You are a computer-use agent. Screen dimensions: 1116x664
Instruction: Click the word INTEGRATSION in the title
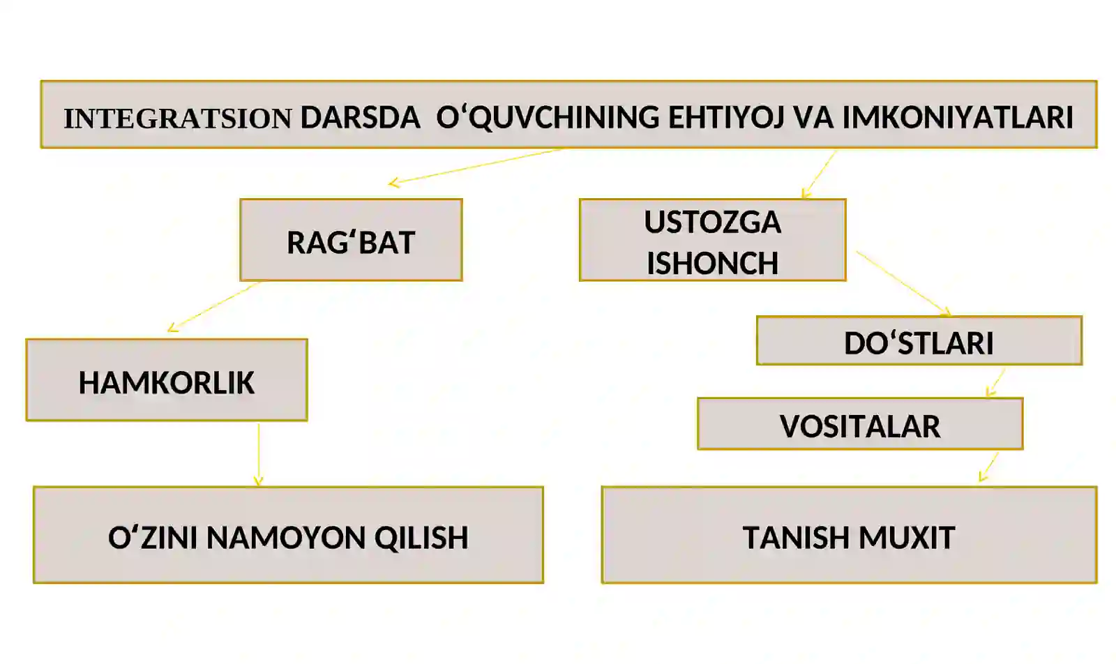(x=178, y=119)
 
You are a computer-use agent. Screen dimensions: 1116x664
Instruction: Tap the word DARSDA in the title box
(x=360, y=118)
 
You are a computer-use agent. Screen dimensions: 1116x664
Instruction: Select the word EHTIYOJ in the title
(x=726, y=119)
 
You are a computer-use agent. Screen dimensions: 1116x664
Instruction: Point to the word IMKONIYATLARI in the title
(x=958, y=118)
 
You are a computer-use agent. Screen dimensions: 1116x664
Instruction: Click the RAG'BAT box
(x=352, y=240)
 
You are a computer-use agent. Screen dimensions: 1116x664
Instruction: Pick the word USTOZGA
(x=712, y=222)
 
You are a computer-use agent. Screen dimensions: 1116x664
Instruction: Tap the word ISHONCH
(x=712, y=263)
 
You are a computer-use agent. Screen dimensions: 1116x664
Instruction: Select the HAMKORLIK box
(x=167, y=380)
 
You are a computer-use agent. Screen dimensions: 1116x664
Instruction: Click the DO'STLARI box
(x=919, y=340)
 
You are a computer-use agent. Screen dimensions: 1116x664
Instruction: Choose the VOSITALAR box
(x=861, y=424)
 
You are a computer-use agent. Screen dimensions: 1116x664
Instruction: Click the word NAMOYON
(x=286, y=538)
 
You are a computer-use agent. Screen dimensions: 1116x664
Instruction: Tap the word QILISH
(x=421, y=538)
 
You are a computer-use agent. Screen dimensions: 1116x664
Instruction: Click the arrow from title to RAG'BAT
(x=475, y=167)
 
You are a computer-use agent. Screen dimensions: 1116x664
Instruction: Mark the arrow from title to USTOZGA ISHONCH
(x=819, y=174)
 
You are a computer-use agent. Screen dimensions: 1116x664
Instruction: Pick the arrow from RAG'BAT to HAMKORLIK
(x=214, y=307)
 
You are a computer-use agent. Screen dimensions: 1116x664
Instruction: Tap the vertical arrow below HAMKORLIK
(x=258, y=455)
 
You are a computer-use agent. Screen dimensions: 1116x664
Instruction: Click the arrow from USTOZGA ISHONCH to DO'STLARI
(x=904, y=283)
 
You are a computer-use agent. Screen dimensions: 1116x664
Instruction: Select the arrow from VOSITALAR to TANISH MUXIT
(x=988, y=467)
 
